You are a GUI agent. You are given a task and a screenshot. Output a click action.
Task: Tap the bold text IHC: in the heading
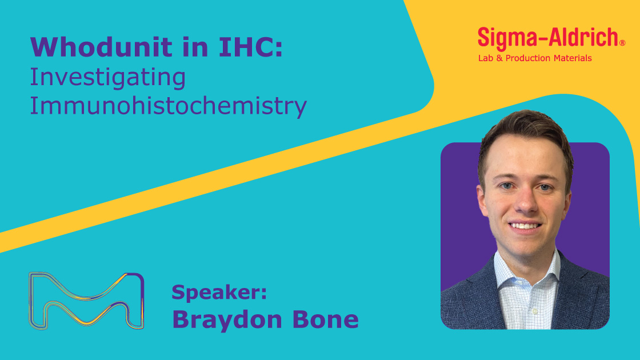coord(251,47)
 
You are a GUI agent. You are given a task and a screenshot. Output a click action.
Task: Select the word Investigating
coord(108,78)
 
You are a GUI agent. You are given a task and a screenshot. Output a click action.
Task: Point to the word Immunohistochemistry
coord(168,106)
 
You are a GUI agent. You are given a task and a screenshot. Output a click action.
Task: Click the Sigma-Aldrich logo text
coord(548,38)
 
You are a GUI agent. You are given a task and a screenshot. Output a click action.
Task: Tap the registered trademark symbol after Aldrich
coord(622,43)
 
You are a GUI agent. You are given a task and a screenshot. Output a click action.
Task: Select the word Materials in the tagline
coord(573,58)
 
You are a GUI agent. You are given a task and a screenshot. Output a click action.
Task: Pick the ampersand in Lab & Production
coord(499,58)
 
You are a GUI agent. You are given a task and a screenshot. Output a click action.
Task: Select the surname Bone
coord(325,319)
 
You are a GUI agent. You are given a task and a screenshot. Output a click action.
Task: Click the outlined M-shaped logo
coord(86,300)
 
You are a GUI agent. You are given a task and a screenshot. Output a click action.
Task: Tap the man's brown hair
coord(526,131)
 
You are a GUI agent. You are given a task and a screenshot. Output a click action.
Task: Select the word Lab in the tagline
coord(486,58)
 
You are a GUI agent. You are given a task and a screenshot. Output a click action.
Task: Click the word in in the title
coord(198,47)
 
